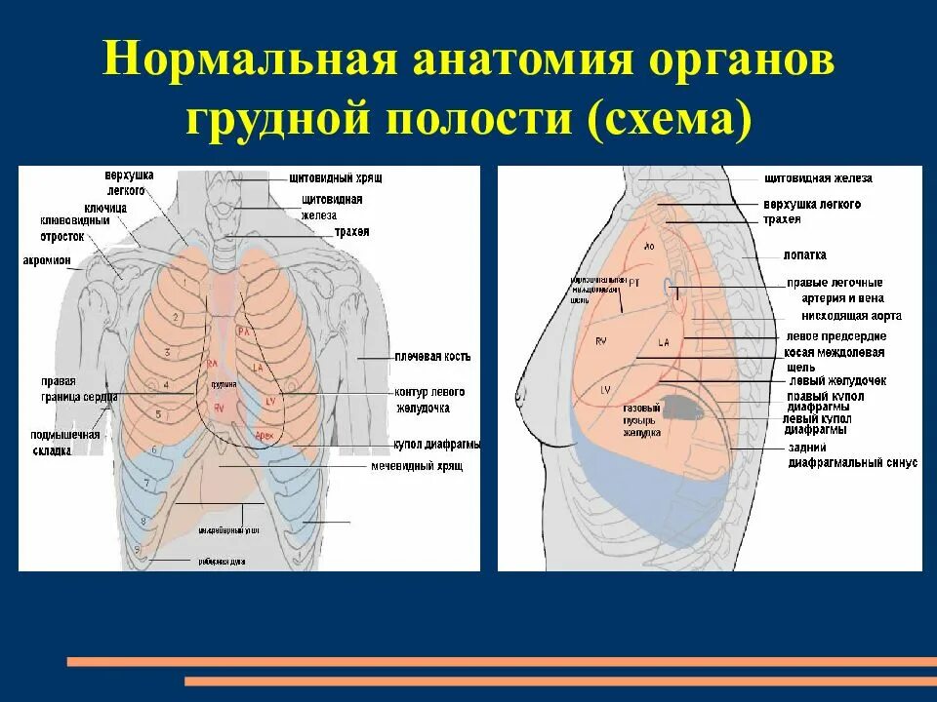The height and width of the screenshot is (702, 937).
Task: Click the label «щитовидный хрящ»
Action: [335, 179]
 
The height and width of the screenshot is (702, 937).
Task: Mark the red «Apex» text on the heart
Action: [265, 433]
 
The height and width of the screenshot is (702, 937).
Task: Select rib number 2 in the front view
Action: [176, 317]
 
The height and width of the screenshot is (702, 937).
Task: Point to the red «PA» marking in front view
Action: [247, 331]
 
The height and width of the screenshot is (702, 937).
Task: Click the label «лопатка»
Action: [804, 254]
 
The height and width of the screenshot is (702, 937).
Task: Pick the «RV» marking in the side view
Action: [601, 341]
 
